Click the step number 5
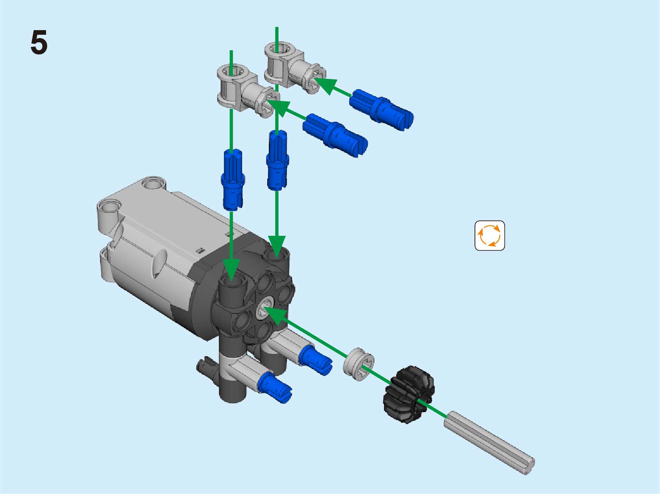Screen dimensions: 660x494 39,42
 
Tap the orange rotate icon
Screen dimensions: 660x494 490,236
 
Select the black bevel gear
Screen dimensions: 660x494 408,394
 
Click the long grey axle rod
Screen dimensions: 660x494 489,443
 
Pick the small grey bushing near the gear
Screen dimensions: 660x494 358,364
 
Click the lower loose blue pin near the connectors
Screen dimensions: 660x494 335,135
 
